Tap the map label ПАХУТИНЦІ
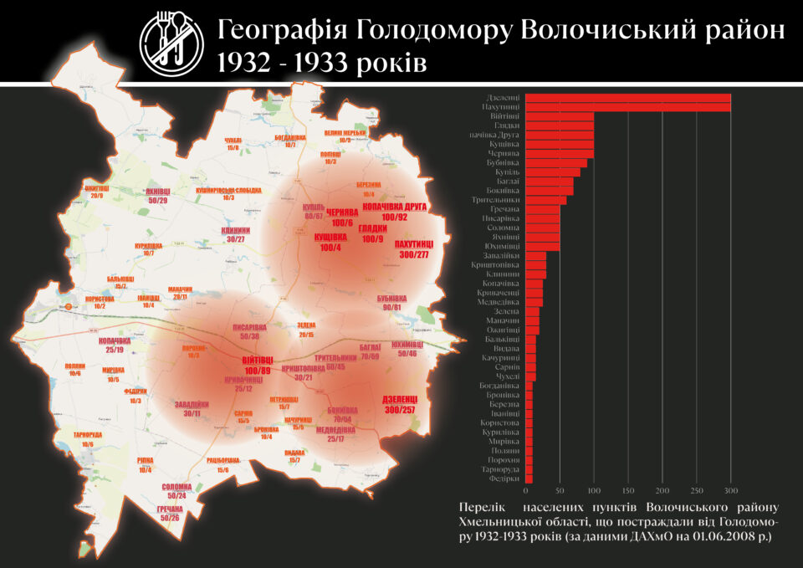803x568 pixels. [417, 243]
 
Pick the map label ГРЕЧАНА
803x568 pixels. [170, 509]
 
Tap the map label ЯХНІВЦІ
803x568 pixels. [158, 191]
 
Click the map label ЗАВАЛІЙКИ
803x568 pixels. [192, 405]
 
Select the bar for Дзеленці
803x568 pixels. [627, 98]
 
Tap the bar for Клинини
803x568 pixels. [536, 274]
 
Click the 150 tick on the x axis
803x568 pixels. [628, 490]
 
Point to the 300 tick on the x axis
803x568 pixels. [731, 490]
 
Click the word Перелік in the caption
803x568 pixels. [483, 508]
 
